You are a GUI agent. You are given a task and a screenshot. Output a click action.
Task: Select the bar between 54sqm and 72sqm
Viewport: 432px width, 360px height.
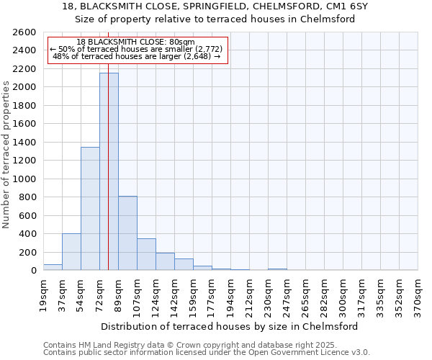pos(90,209)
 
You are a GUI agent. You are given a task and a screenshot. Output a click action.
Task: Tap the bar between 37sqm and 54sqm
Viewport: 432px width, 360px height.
pos(71,252)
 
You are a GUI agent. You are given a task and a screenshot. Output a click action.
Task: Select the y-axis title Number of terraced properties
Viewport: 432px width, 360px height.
pos(6,155)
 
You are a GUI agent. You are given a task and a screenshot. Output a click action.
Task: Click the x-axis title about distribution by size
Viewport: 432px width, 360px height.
pos(230,326)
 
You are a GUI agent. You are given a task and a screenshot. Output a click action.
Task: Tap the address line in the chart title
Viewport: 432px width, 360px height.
pos(215,6)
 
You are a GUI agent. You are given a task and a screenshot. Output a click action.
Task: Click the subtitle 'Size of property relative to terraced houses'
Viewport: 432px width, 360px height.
pos(215,19)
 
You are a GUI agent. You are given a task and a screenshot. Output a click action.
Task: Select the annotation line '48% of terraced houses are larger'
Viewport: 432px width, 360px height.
pos(136,57)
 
